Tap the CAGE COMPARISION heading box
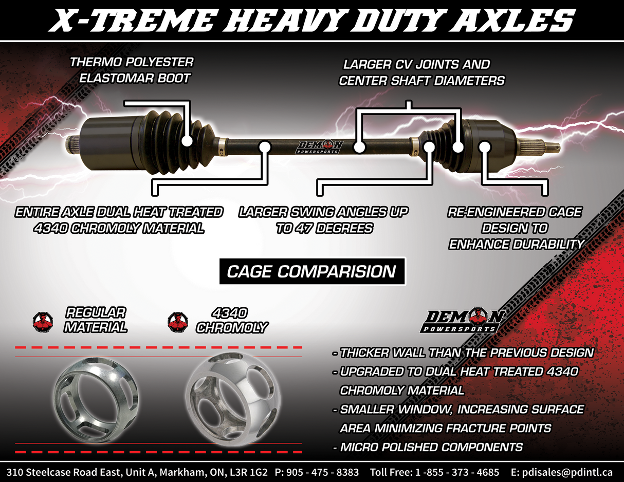311,271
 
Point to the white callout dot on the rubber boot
187,139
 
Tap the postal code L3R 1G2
249,472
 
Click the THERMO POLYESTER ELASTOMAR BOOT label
132,70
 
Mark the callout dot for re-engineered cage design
485,147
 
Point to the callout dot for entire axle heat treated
265,147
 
